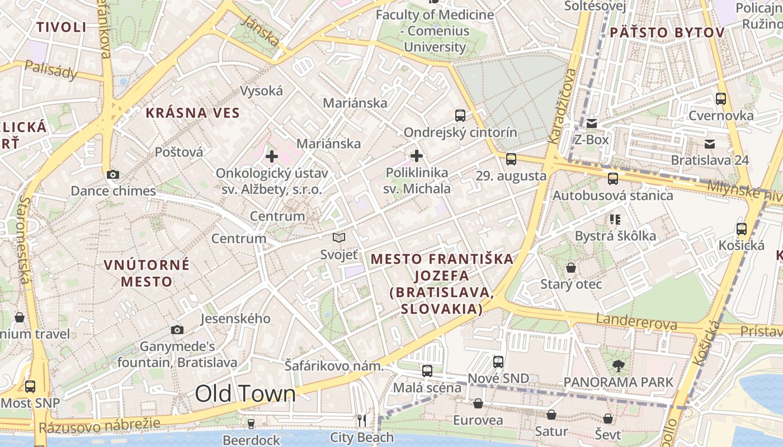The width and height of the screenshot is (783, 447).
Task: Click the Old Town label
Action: [245, 394]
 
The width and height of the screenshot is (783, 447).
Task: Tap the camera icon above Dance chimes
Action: [113, 174]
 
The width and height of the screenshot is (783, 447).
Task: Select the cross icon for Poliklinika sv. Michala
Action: [417, 156]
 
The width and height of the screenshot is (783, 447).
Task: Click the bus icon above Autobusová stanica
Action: [613, 179]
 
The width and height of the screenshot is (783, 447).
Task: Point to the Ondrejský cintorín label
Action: [460, 133]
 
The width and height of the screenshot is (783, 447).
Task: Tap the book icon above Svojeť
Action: [339, 238]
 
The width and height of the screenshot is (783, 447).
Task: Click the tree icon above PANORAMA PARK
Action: [619, 366]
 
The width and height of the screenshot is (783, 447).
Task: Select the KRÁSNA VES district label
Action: [193, 113]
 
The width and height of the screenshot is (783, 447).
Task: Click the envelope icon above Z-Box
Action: [591, 123]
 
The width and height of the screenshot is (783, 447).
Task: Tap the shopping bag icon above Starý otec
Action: [571, 268]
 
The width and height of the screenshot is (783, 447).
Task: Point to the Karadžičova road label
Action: [562, 106]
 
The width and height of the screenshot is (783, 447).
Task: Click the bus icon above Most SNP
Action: [30, 386]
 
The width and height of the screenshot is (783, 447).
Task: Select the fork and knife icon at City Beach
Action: [362, 420]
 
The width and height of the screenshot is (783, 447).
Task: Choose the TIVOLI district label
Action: [62, 27]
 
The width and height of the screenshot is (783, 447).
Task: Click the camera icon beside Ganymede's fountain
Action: [177, 330]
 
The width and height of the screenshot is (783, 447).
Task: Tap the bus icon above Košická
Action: [742, 229]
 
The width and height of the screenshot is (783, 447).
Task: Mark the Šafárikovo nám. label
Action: [334, 366]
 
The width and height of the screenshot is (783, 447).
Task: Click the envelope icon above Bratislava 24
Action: [710, 144]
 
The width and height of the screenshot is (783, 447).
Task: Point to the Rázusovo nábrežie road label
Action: [100, 426]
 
